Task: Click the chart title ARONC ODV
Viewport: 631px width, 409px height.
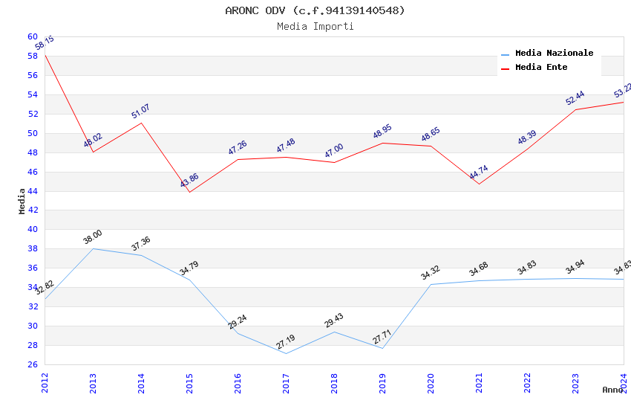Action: click(x=315, y=10)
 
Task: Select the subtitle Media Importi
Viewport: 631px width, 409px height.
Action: click(x=315, y=26)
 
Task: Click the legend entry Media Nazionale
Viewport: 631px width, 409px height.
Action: click(x=554, y=53)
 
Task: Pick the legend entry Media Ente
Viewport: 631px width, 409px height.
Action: click(x=541, y=67)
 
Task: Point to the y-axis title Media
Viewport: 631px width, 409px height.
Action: click(x=22, y=201)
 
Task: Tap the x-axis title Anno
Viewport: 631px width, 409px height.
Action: click(x=612, y=390)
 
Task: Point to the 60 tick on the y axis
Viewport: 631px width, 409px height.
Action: click(x=33, y=36)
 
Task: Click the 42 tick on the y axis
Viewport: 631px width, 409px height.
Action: click(x=33, y=210)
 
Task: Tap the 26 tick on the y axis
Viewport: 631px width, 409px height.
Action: click(x=33, y=364)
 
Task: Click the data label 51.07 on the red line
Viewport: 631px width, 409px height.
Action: click(x=140, y=112)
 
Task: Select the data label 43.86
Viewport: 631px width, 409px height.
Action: click(x=189, y=181)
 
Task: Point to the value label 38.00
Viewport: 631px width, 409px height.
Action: click(x=93, y=237)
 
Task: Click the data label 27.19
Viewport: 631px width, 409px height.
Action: click(x=286, y=342)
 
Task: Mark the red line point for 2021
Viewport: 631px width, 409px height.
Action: click(x=479, y=184)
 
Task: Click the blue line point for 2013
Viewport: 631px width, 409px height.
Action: click(x=93, y=248)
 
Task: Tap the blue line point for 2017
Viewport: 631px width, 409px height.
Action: click(x=286, y=353)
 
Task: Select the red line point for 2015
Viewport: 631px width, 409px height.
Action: click(x=189, y=192)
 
